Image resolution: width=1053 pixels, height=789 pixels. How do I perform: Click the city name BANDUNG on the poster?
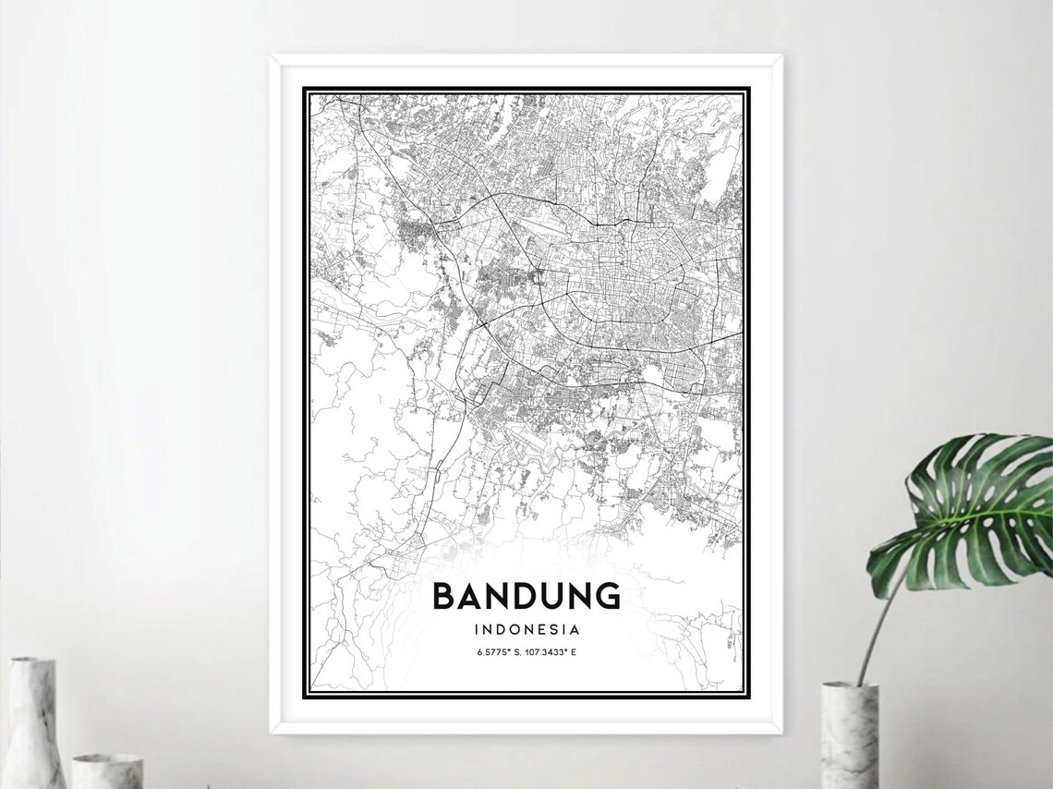click(526, 596)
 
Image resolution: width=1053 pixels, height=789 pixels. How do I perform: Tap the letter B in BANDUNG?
click(444, 596)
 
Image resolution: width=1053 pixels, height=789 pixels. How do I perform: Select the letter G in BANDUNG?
click(606, 596)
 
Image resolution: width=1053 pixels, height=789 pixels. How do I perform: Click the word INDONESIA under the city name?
click(526, 630)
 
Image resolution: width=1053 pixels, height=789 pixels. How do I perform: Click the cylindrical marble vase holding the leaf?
click(849, 735)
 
